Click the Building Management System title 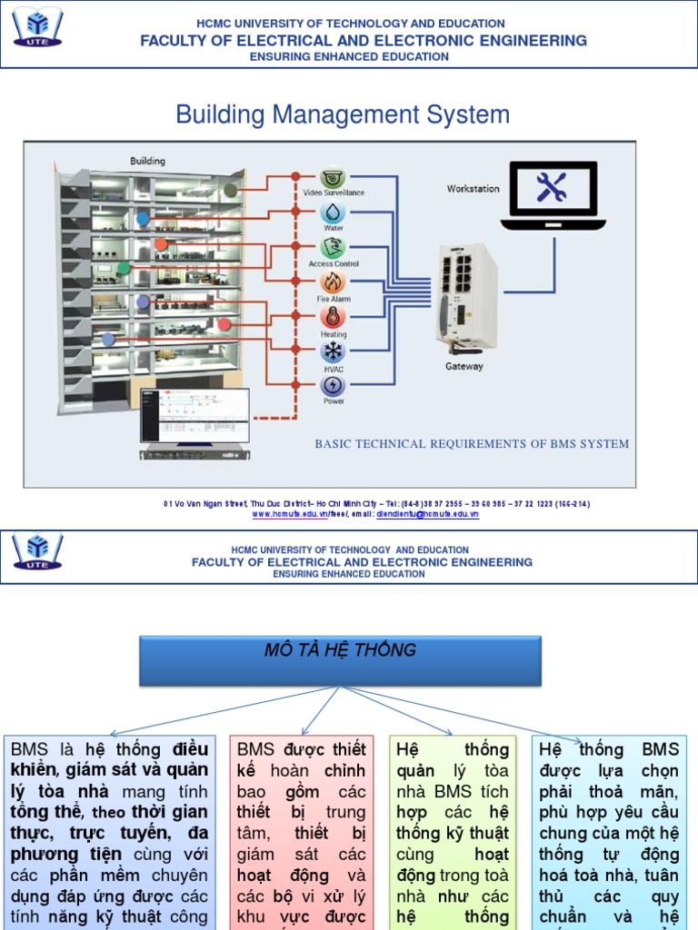[x=343, y=114]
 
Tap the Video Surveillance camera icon [x=333, y=177]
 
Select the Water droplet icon [x=333, y=213]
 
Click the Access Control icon [x=333, y=247]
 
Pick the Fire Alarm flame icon [x=333, y=282]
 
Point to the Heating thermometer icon [x=333, y=316]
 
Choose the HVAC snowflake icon [x=333, y=351]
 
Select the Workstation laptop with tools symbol [x=553, y=193]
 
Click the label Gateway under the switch [x=464, y=367]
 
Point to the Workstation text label [x=473, y=189]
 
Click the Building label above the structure [x=147, y=161]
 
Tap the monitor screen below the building [x=194, y=415]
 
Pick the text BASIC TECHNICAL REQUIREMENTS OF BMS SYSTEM [x=472, y=444]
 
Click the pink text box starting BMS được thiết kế [x=301, y=831]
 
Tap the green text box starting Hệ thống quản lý [x=452, y=831]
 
